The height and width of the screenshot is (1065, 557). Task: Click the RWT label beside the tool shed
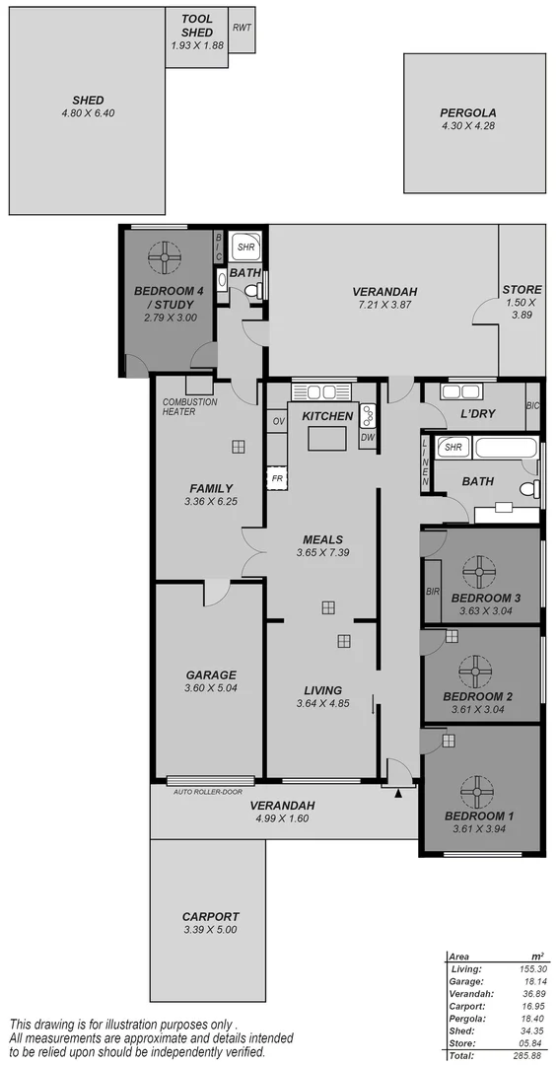[242, 27]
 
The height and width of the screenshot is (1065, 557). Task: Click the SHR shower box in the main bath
[453, 447]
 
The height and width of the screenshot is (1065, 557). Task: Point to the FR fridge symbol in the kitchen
[277, 478]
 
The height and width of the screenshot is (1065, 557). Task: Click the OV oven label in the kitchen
[277, 422]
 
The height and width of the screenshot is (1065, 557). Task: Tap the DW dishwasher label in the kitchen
[368, 437]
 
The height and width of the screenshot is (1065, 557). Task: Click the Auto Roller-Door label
[206, 792]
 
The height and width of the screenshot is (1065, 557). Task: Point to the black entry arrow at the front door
[398, 791]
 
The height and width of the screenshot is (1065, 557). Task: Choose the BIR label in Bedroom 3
[432, 592]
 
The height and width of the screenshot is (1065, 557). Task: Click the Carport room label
[210, 916]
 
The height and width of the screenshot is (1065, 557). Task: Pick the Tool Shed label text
[196, 26]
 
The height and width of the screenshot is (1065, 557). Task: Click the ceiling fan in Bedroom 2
[479, 672]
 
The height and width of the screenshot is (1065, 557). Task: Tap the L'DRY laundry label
[477, 415]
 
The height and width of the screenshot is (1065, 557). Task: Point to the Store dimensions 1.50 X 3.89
[522, 307]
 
